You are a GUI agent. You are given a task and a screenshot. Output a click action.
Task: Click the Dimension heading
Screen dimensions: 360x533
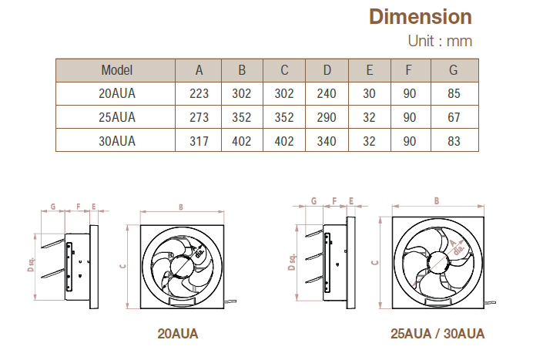click(420, 16)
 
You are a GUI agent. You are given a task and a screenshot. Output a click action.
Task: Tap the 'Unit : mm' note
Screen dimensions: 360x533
click(439, 41)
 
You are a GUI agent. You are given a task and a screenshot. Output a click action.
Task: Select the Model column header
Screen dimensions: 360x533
click(117, 70)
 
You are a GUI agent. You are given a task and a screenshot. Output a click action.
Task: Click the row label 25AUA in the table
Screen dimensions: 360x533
click(117, 117)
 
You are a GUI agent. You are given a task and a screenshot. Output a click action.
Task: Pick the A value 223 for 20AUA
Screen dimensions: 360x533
click(199, 94)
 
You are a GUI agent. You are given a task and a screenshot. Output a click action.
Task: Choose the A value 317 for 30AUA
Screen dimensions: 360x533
click(199, 141)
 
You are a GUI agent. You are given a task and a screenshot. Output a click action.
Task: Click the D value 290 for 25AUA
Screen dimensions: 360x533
click(327, 117)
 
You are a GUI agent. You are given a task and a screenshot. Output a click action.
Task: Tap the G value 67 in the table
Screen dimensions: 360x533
click(454, 117)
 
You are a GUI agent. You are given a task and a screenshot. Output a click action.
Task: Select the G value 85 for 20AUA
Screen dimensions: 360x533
click(454, 94)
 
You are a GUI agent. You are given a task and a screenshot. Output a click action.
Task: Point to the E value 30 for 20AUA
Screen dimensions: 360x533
click(369, 94)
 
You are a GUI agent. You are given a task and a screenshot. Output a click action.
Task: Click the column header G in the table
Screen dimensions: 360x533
click(454, 70)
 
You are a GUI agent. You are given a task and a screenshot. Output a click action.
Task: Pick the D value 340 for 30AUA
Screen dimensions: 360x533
click(327, 141)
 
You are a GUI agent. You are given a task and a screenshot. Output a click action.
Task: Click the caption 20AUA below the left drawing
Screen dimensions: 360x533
click(178, 334)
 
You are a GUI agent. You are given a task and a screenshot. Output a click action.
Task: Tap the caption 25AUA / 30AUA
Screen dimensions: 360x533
click(437, 334)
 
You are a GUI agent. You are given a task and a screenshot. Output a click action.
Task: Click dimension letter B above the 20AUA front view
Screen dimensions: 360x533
click(180, 207)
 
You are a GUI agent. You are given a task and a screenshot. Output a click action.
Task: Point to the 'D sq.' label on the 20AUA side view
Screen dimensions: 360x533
click(31, 264)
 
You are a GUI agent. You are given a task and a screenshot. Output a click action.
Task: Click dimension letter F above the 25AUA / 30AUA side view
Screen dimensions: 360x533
click(334, 200)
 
